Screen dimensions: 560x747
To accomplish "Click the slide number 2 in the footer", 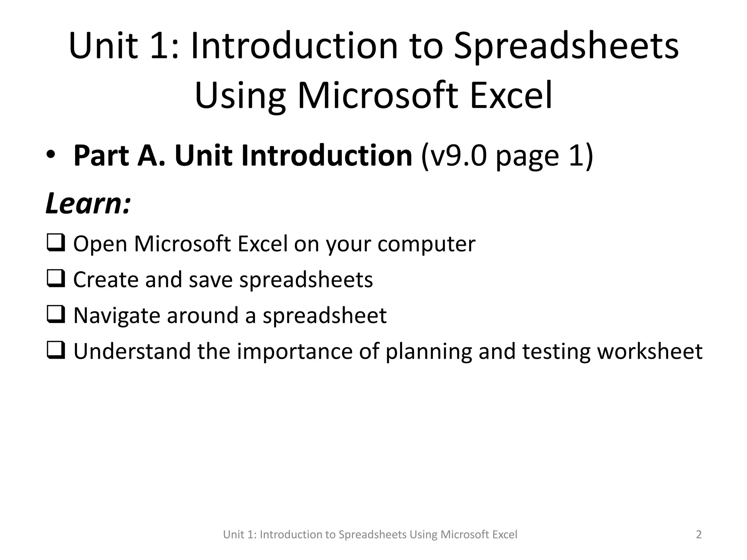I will click(x=698, y=534).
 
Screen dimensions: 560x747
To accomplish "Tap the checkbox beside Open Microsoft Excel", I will click(x=56, y=243).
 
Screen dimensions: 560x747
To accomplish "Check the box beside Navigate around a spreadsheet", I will click(x=56, y=315).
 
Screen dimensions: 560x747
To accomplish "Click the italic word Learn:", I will click(x=88, y=203).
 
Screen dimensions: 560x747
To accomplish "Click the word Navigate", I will click(x=116, y=316).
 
